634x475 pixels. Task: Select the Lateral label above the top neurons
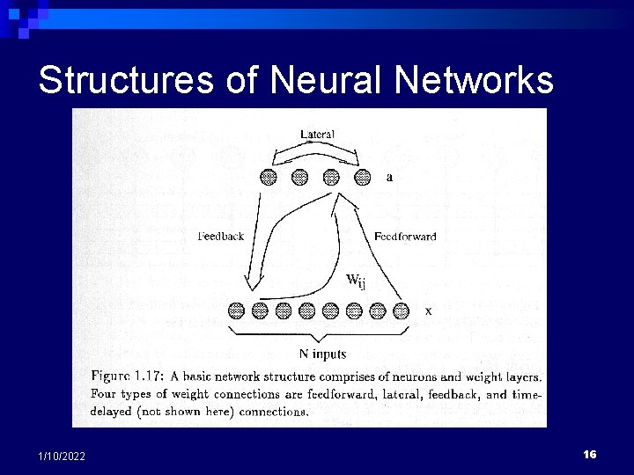click(x=316, y=134)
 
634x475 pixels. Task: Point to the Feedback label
click(x=221, y=236)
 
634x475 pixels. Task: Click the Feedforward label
click(x=404, y=236)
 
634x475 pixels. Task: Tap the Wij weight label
click(x=356, y=281)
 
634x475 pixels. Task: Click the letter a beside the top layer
click(x=389, y=176)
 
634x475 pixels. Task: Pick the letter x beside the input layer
click(x=428, y=310)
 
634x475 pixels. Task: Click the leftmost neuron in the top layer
click(x=269, y=177)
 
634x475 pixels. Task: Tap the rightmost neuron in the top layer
click(x=362, y=177)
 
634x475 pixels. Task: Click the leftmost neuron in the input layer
click(x=236, y=310)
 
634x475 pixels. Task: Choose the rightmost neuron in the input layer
click(x=402, y=310)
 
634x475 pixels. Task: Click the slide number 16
click(x=590, y=454)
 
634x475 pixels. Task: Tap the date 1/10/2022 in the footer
click(x=62, y=455)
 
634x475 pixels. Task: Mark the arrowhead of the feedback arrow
click(x=250, y=283)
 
